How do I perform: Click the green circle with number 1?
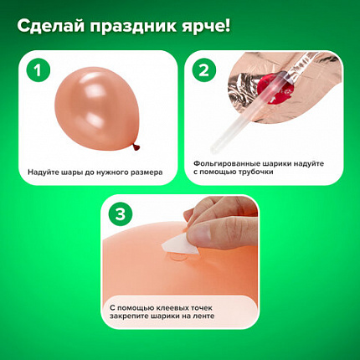coord(39,69)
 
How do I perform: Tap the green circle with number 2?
coord(204,69)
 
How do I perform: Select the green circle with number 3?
coord(121,214)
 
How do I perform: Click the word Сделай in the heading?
coord(51,27)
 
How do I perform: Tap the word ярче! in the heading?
coord(206,27)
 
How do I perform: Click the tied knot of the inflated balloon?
coord(136,147)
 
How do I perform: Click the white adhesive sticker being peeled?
coord(180,244)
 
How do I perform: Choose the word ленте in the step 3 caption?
coord(203,316)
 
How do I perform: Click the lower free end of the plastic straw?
coord(213,152)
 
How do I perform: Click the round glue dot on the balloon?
coord(178,257)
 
